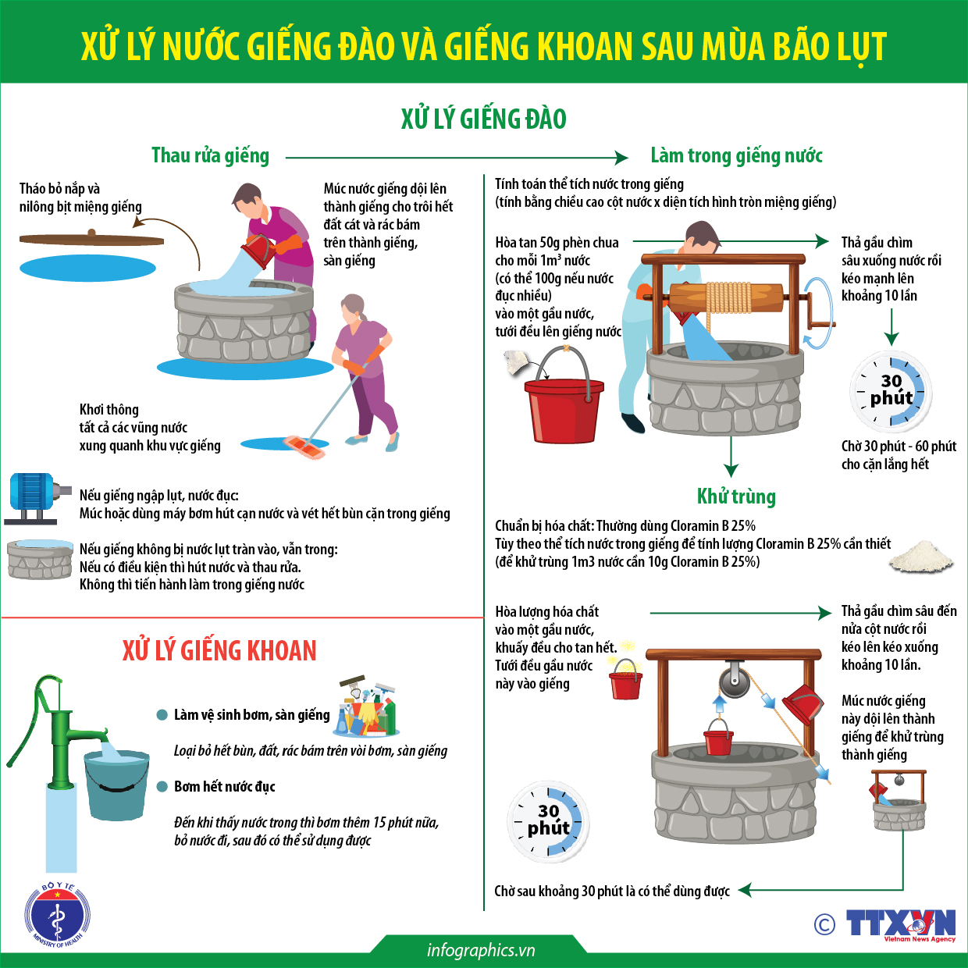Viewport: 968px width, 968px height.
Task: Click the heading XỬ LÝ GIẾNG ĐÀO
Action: (x=483, y=119)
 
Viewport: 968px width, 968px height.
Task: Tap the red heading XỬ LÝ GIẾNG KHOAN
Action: (x=219, y=650)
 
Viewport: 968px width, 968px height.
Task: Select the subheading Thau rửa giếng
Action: (x=210, y=155)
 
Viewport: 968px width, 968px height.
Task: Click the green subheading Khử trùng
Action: (x=736, y=496)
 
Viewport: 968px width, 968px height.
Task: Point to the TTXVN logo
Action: (x=901, y=924)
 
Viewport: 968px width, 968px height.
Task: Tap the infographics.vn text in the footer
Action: (x=481, y=950)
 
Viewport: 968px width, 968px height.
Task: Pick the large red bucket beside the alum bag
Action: (x=564, y=410)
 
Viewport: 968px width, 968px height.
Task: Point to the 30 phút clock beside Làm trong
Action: (x=891, y=390)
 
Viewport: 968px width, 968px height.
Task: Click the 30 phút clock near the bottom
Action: (x=548, y=820)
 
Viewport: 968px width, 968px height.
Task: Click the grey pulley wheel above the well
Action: (x=734, y=680)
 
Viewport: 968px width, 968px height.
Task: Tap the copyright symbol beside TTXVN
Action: (x=824, y=924)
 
